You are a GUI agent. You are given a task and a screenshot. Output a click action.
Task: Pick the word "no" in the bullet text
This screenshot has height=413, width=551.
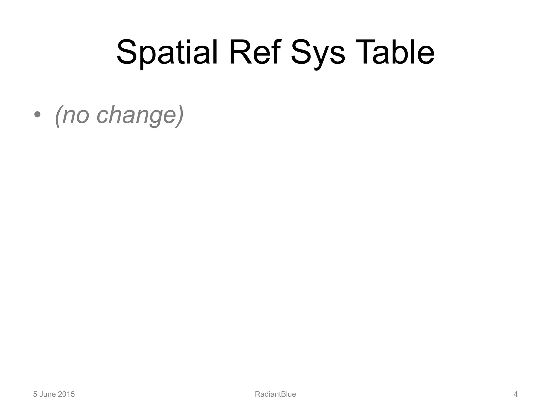[x=76, y=115]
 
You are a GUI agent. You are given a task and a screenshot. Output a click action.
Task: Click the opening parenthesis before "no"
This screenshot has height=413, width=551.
[x=58, y=115]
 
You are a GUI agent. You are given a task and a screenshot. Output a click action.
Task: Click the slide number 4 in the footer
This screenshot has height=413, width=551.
[x=515, y=394]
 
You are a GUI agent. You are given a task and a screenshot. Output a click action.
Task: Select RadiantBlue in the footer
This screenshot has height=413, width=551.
[x=275, y=394]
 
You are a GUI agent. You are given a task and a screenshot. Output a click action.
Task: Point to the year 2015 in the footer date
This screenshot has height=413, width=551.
[x=66, y=394]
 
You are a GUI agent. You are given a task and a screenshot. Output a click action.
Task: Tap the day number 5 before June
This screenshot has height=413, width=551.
[x=35, y=394]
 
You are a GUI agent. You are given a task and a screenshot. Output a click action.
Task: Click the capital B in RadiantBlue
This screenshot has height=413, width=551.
[x=281, y=394]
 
